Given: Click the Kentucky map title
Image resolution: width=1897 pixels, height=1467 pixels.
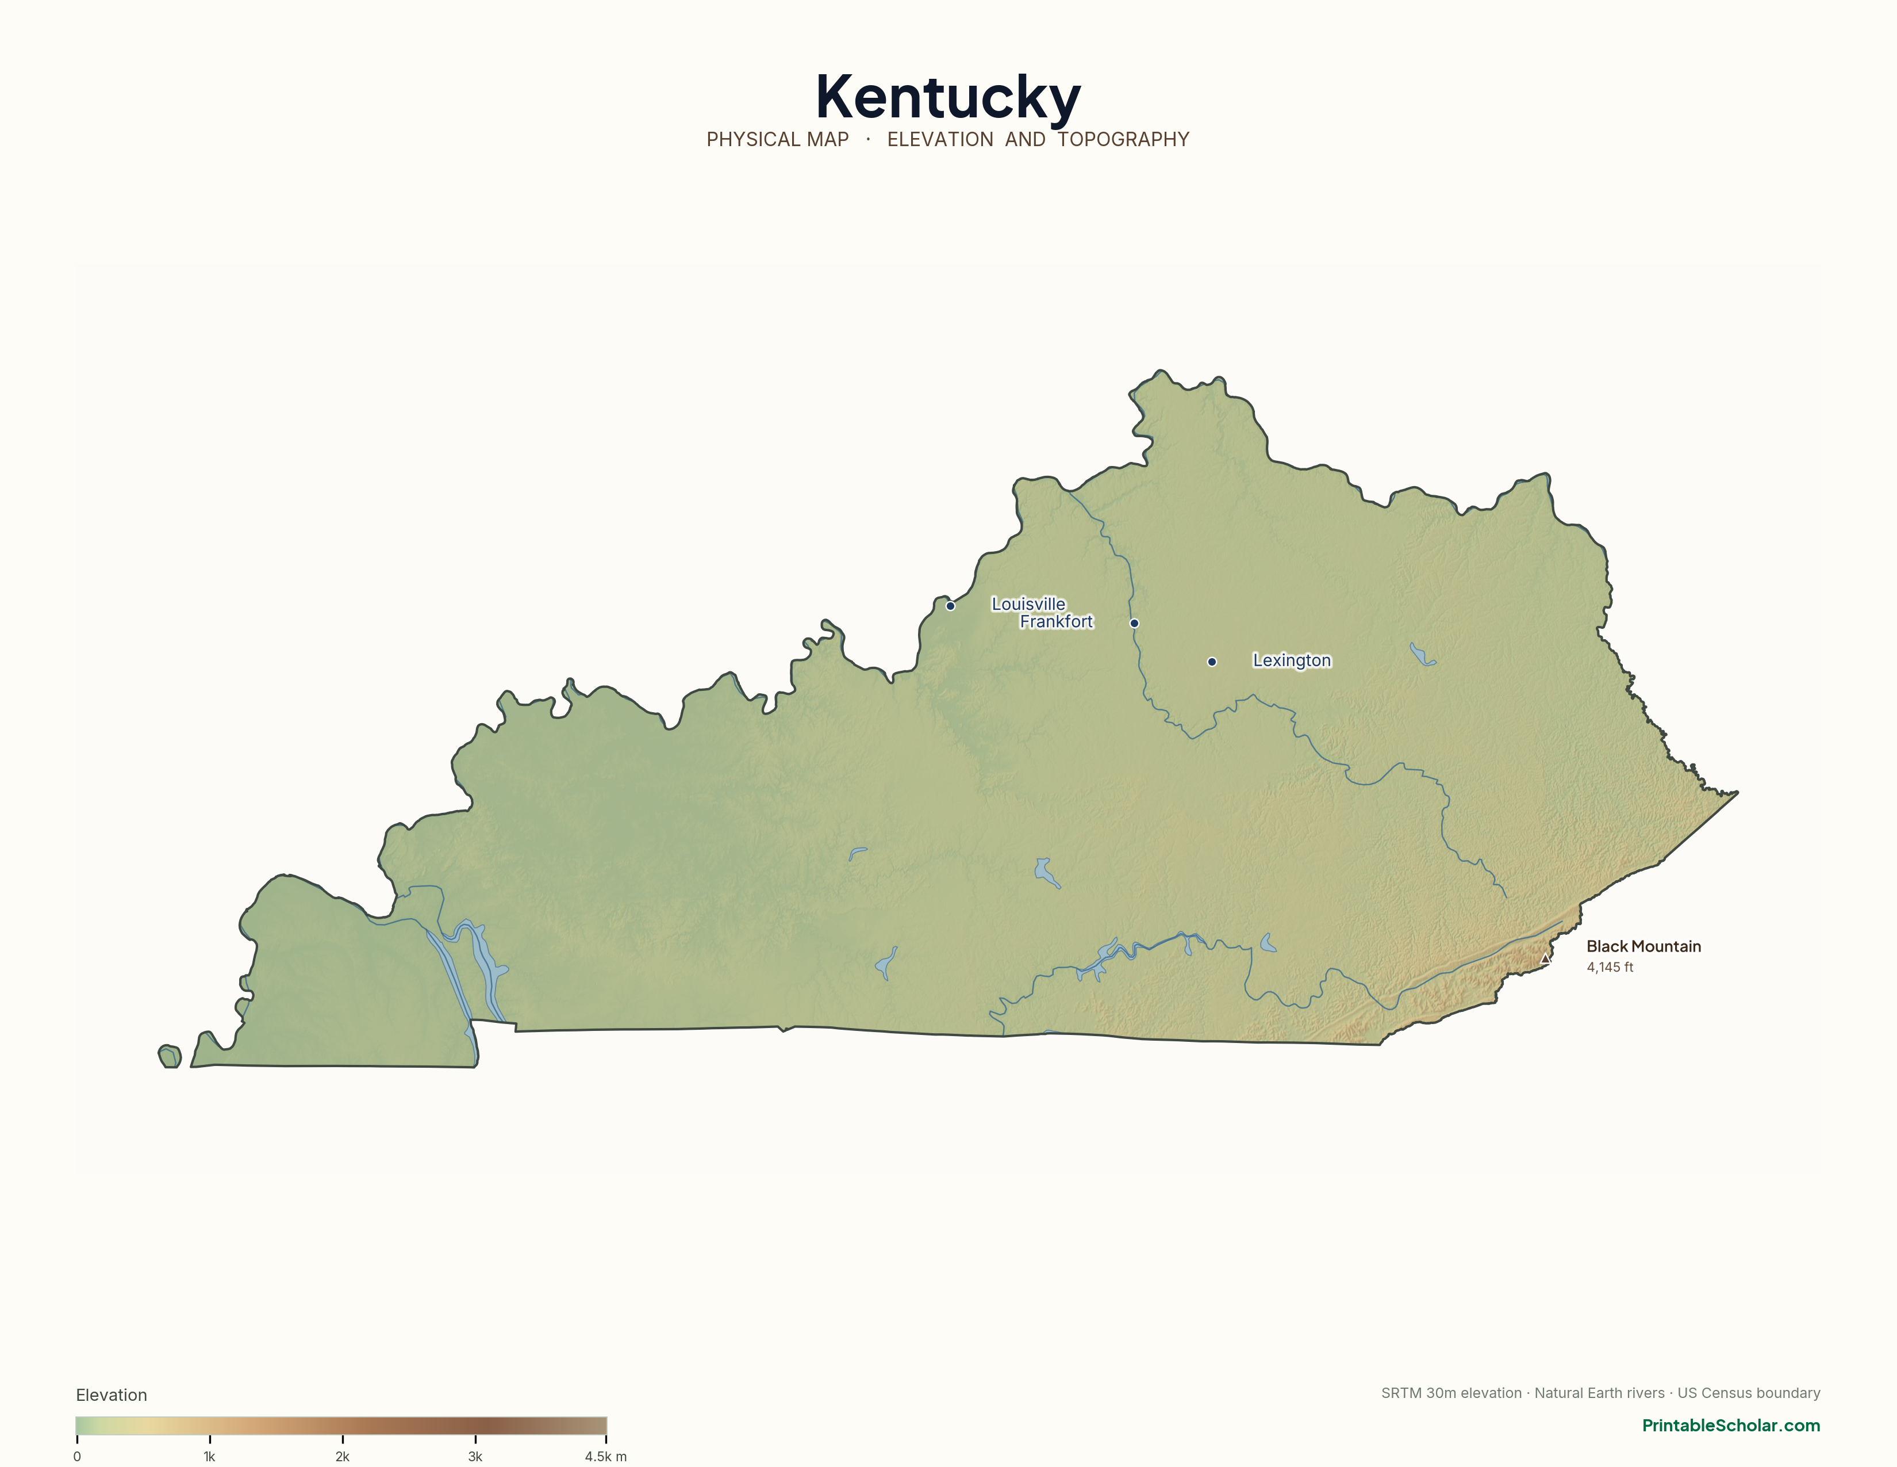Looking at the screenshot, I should [947, 97].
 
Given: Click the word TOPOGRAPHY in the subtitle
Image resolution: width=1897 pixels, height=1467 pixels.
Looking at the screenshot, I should [1123, 140].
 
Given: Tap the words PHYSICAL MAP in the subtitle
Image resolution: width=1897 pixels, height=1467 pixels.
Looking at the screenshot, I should [777, 140].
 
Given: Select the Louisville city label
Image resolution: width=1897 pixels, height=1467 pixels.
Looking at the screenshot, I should [1028, 604].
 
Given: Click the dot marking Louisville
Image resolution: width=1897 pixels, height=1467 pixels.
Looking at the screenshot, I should [950, 606].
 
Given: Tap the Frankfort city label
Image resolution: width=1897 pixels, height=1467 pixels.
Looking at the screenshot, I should [1056, 621].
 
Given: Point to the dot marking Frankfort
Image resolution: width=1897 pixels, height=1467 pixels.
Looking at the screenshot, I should [1134, 623].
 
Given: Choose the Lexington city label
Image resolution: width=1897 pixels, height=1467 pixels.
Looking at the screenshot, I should [1292, 660].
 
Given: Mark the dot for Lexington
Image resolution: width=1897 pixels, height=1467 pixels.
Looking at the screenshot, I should [1212, 662].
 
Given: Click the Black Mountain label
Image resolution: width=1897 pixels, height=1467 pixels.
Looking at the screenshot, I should [1643, 946].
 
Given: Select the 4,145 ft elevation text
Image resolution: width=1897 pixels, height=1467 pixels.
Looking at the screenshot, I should [1610, 967].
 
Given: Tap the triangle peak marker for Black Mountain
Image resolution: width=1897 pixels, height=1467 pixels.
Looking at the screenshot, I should [1545, 958].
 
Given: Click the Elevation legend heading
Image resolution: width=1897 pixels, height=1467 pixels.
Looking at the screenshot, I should [111, 1395].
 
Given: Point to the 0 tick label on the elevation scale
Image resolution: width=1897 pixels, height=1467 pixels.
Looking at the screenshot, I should [77, 1457].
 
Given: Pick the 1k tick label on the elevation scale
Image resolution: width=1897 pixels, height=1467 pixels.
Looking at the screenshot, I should [209, 1457].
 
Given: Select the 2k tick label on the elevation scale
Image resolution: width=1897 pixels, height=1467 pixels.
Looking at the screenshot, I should [342, 1457].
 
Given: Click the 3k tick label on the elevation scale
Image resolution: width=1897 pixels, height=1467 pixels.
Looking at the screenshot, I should [475, 1457].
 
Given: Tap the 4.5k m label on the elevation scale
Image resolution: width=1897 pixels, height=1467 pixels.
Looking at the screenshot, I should [605, 1457].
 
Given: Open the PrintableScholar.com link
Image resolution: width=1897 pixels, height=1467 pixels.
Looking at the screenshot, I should [1730, 1425].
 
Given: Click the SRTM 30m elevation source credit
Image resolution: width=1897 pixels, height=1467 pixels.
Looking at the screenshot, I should [1450, 1393].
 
